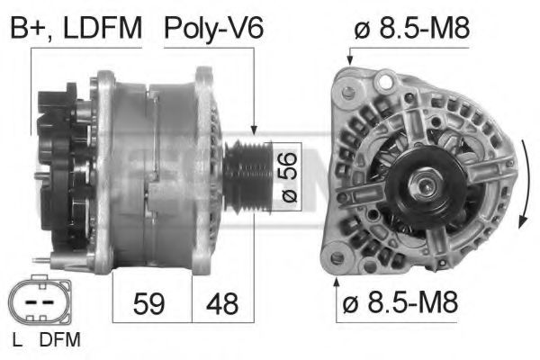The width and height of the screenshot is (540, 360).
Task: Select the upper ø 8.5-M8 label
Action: coord(412,29)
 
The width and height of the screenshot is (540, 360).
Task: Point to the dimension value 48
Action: coord(222,303)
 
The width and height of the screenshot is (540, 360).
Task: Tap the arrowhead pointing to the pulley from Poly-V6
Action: coord(256,132)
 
